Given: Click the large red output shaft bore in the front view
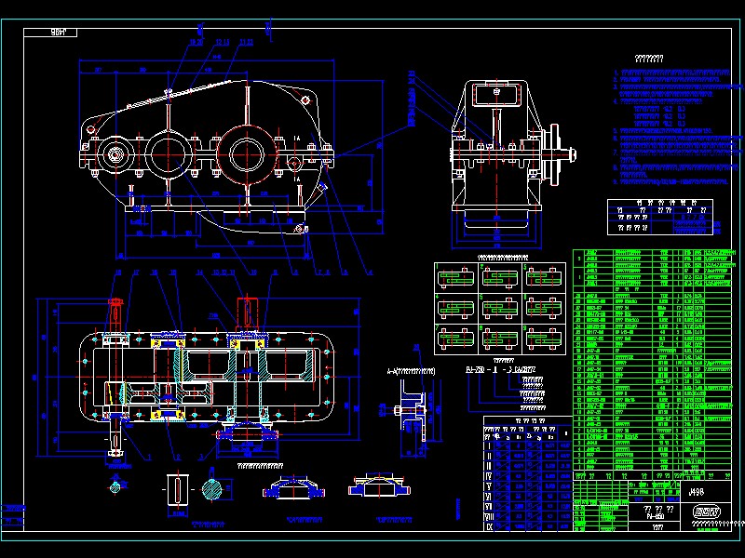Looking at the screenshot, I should pos(246,152).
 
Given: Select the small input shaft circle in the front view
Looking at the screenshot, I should pos(117,154).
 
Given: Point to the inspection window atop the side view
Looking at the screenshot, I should pos(495,93).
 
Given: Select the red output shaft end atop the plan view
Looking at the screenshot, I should pos(249,308).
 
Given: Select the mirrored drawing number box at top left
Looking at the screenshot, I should pos(63,33).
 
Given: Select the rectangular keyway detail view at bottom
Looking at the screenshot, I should pos(177,490).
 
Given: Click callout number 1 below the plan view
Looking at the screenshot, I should pos(149,458).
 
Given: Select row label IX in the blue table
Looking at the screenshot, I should pos(490,525).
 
